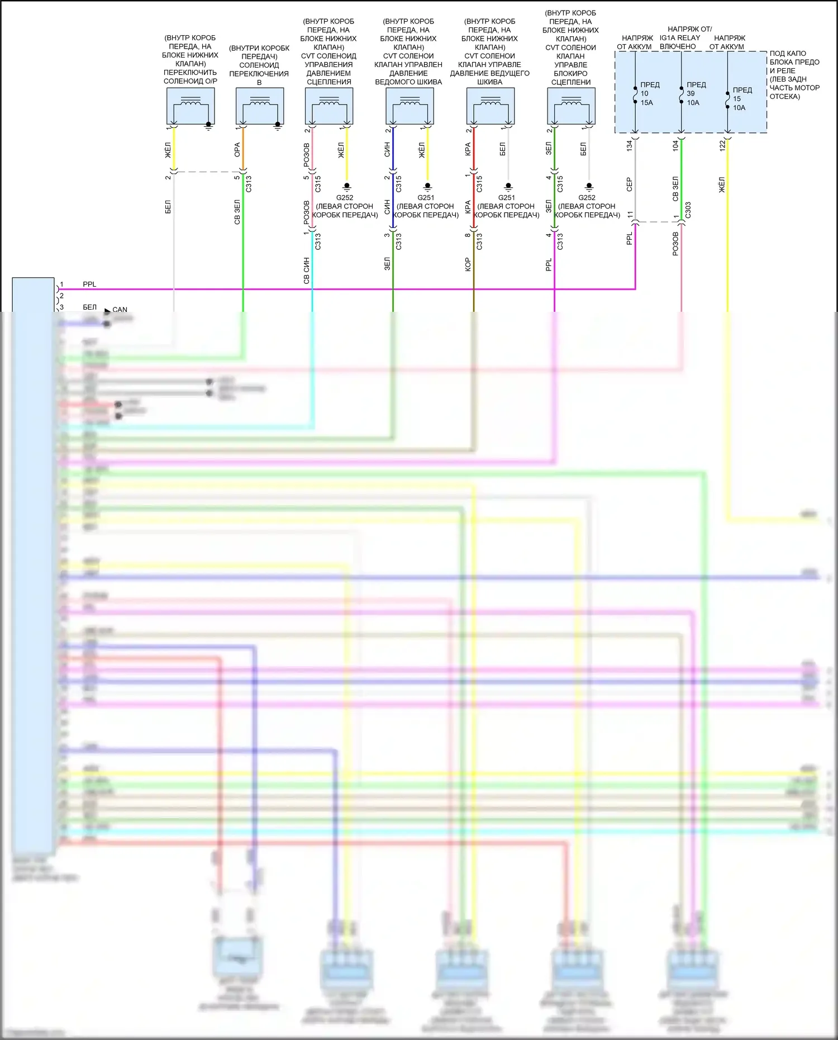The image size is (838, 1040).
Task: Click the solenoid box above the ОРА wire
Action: pyautogui.click(x=260, y=106)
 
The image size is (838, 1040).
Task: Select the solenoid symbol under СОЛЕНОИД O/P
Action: pyautogui.click(x=191, y=106)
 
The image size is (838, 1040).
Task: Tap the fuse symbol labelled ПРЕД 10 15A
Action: pyautogui.click(x=635, y=94)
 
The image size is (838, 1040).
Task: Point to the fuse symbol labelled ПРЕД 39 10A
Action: pyautogui.click(x=681, y=94)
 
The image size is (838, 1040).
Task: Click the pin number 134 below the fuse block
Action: pyautogui.click(x=630, y=146)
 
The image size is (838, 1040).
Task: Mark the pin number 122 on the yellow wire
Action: pyautogui.click(x=722, y=146)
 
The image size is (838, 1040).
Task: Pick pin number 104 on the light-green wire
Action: pyautogui.click(x=675, y=146)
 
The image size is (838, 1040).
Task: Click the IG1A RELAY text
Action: pyautogui.click(x=680, y=38)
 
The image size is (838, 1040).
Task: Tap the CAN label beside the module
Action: pyautogui.click(x=120, y=310)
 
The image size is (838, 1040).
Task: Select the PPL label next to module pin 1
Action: pyautogui.click(x=89, y=284)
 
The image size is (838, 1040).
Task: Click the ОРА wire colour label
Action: pyautogui.click(x=237, y=150)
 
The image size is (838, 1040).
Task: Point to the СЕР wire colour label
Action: pyautogui.click(x=630, y=185)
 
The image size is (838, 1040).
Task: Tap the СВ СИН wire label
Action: pyautogui.click(x=307, y=270)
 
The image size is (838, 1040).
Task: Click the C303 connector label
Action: pyautogui.click(x=688, y=210)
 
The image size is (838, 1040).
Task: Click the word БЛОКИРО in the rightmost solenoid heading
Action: pyautogui.click(x=570, y=73)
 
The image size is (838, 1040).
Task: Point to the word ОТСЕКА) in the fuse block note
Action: pyautogui.click(x=784, y=97)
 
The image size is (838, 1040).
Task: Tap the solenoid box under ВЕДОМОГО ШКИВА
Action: pyautogui.click(x=410, y=106)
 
